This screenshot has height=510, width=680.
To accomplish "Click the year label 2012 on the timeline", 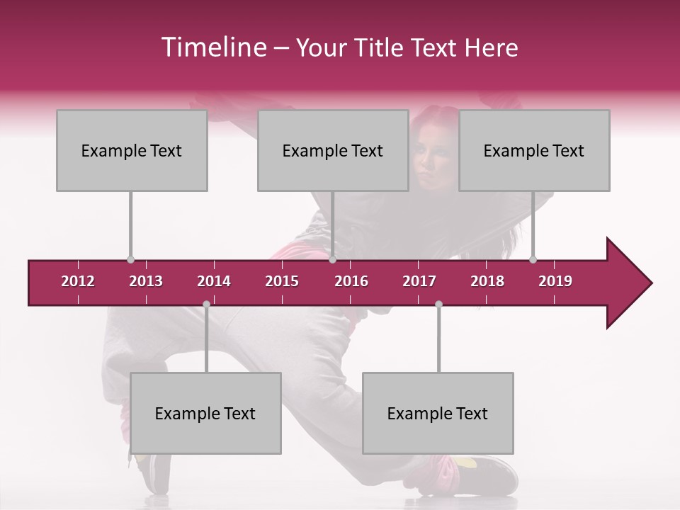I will (78, 281).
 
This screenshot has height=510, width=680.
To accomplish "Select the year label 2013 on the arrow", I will (146, 281).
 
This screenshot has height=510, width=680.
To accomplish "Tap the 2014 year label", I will (214, 281).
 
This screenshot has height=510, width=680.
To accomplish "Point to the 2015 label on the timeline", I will (282, 281).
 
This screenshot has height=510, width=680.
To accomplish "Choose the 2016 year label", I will (351, 281).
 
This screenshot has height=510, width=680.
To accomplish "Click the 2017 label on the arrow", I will (419, 281).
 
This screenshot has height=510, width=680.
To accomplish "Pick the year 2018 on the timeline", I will (487, 281).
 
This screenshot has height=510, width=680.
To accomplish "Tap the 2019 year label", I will (555, 281).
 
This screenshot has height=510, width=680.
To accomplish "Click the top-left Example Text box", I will (132, 150).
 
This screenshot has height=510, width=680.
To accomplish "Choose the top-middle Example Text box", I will (333, 150).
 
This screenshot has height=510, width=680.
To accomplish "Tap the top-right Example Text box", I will (534, 150).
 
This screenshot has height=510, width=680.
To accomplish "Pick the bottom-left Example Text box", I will (205, 413).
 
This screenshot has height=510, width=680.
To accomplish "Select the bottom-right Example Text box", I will (438, 413).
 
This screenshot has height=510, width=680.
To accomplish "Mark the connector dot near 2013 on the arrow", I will (130, 259).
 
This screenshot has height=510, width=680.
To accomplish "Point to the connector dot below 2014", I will (206, 304).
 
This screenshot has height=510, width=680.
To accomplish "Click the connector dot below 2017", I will (438, 304).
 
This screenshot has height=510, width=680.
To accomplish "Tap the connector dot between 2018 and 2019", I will (533, 259).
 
